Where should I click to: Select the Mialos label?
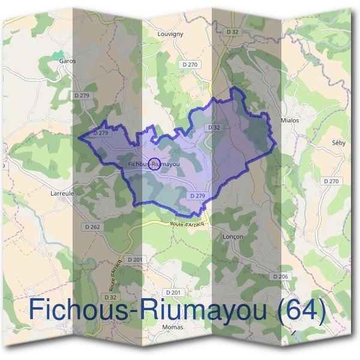[290, 120]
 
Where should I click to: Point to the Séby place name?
[339, 143]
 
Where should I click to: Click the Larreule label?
[62, 194]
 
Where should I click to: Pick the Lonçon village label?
[232, 236]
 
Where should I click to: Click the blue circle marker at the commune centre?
[154, 163]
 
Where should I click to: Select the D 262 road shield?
[92, 227]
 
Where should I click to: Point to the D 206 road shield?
[280, 276]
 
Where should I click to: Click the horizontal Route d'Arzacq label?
[187, 224]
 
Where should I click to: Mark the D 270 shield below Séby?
[331, 181]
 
